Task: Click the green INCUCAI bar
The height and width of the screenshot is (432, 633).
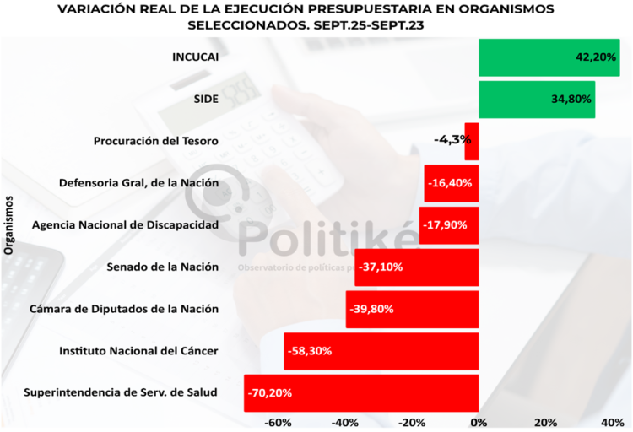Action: (x=549, y=57)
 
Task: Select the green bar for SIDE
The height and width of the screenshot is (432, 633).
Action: (x=536, y=99)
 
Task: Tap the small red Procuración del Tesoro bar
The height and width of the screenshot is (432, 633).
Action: (x=472, y=141)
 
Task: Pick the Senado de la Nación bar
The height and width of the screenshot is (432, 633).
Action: (x=417, y=267)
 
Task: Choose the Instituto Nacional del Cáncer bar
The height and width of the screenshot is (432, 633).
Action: (x=381, y=351)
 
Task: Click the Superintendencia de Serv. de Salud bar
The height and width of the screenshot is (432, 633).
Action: (x=361, y=393)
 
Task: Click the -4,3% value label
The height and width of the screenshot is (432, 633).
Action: (x=452, y=139)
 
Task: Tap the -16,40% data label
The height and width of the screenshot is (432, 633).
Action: (x=450, y=182)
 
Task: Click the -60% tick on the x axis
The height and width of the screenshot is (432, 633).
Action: (x=278, y=422)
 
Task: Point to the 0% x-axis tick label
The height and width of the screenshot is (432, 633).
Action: (x=479, y=422)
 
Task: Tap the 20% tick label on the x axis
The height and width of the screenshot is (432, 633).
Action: (x=545, y=422)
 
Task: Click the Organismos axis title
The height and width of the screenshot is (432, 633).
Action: (x=10, y=224)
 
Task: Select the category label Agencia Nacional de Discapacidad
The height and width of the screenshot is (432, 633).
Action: (x=125, y=225)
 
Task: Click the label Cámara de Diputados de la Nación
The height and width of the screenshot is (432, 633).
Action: (x=124, y=309)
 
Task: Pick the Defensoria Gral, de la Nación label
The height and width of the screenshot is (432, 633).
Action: (x=139, y=183)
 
